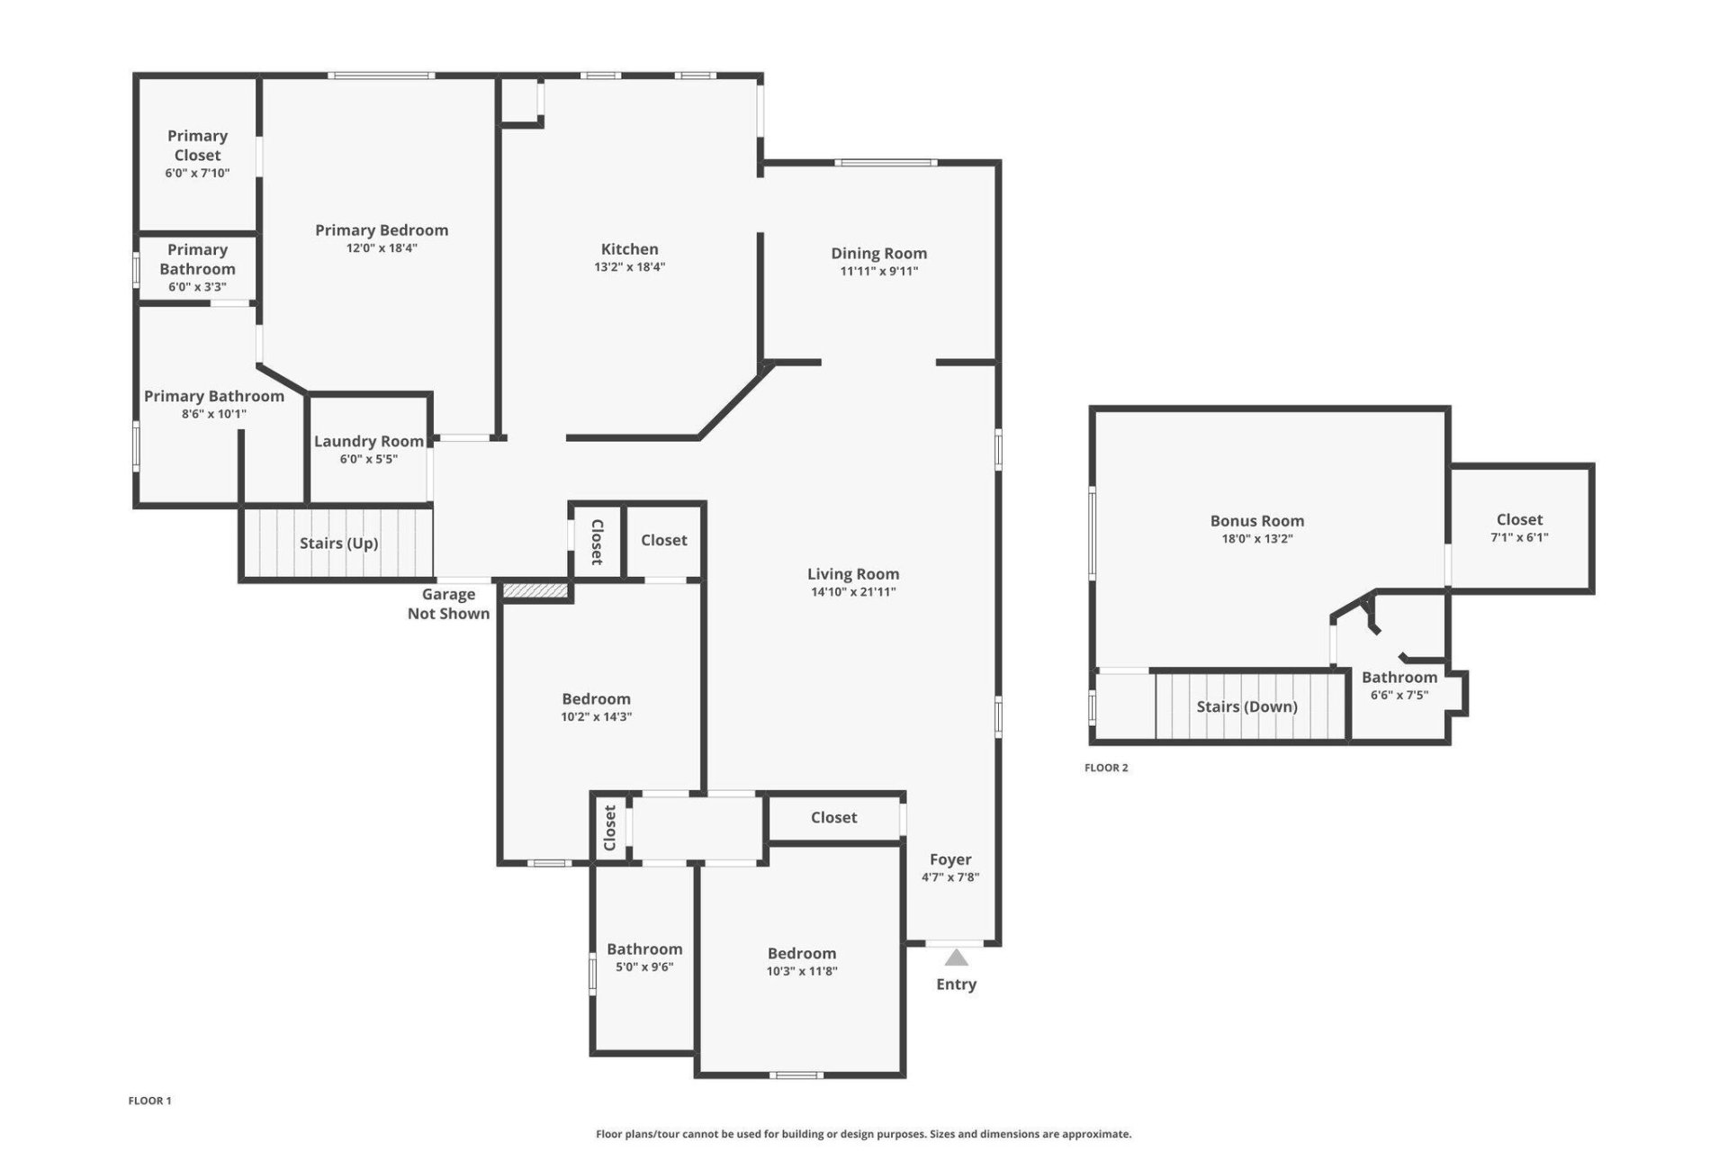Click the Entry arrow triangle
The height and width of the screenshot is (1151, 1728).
pyautogui.click(x=956, y=958)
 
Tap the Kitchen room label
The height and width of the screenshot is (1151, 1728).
pyautogui.click(x=629, y=249)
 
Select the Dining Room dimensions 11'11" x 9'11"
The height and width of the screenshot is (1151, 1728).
pyautogui.click(x=878, y=271)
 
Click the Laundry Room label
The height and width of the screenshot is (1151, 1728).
pyautogui.click(x=368, y=441)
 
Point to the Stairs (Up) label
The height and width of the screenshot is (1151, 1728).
pyautogui.click(x=338, y=543)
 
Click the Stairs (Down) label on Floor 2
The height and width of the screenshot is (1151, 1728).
pyautogui.click(x=1246, y=706)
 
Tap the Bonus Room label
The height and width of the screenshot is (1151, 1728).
pyautogui.click(x=1256, y=520)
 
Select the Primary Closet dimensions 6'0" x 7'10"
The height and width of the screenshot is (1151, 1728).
pyautogui.click(x=197, y=173)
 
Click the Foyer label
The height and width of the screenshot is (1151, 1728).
pyautogui.click(x=949, y=859)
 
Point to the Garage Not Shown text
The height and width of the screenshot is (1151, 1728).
pyautogui.click(x=448, y=604)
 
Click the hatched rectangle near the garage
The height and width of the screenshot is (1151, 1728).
pyautogui.click(x=535, y=590)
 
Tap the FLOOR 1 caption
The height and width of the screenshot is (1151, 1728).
pyautogui.click(x=149, y=1101)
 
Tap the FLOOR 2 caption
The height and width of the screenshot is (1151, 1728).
pyautogui.click(x=1106, y=768)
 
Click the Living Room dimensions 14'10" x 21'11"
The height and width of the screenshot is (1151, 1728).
pyautogui.click(x=852, y=591)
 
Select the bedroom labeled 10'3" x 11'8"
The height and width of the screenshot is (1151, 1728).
pyautogui.click(x=801, y=961)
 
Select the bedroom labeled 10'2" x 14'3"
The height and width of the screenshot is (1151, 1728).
pyautogui.click(x=596, y=707)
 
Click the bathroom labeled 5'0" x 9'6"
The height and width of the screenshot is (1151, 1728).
pyautogui.click(x=644, y=957)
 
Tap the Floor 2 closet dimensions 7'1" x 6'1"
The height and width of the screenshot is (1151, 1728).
pyautogui.click(x=1519, y=537)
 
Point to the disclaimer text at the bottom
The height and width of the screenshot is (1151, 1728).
pyautogui.click(x=863, y=1134)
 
